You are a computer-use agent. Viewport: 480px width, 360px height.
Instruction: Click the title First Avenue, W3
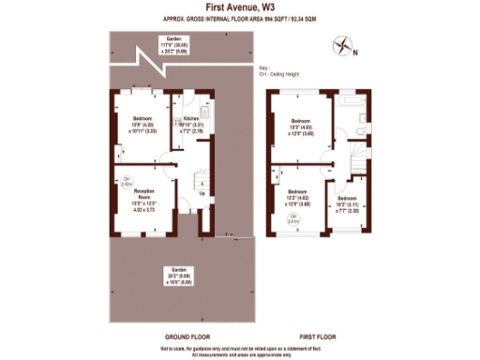point(239,7)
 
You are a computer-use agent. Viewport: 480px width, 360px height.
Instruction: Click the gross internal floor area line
point(239,18)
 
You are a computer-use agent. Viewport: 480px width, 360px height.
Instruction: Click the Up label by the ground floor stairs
point(202,194)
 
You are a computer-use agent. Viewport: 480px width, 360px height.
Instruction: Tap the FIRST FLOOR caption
point(318,335)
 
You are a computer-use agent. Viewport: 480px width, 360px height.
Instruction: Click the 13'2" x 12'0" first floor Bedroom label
point(297,200)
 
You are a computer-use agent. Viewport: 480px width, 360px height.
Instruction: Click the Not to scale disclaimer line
point(239,347)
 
